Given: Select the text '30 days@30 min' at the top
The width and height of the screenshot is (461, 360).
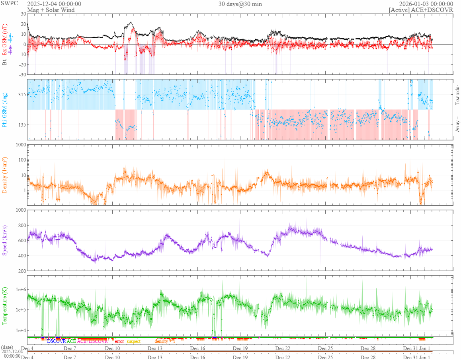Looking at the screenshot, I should [x=240, y=4].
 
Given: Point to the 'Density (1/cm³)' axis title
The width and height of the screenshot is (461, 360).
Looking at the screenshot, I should [x=5, y=175].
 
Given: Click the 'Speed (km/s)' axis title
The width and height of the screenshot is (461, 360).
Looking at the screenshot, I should [x=5, y=240].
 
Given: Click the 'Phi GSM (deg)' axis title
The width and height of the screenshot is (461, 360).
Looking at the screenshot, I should [x=5, y=109].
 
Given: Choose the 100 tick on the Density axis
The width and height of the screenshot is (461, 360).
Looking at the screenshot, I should [x=21, y=160].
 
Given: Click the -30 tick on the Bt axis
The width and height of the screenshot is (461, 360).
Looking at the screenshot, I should [x=21, y=75].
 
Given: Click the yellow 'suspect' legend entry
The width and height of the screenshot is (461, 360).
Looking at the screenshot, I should [x=133, y=341].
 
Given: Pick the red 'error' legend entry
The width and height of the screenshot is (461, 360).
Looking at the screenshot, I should [x=119, y=341].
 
